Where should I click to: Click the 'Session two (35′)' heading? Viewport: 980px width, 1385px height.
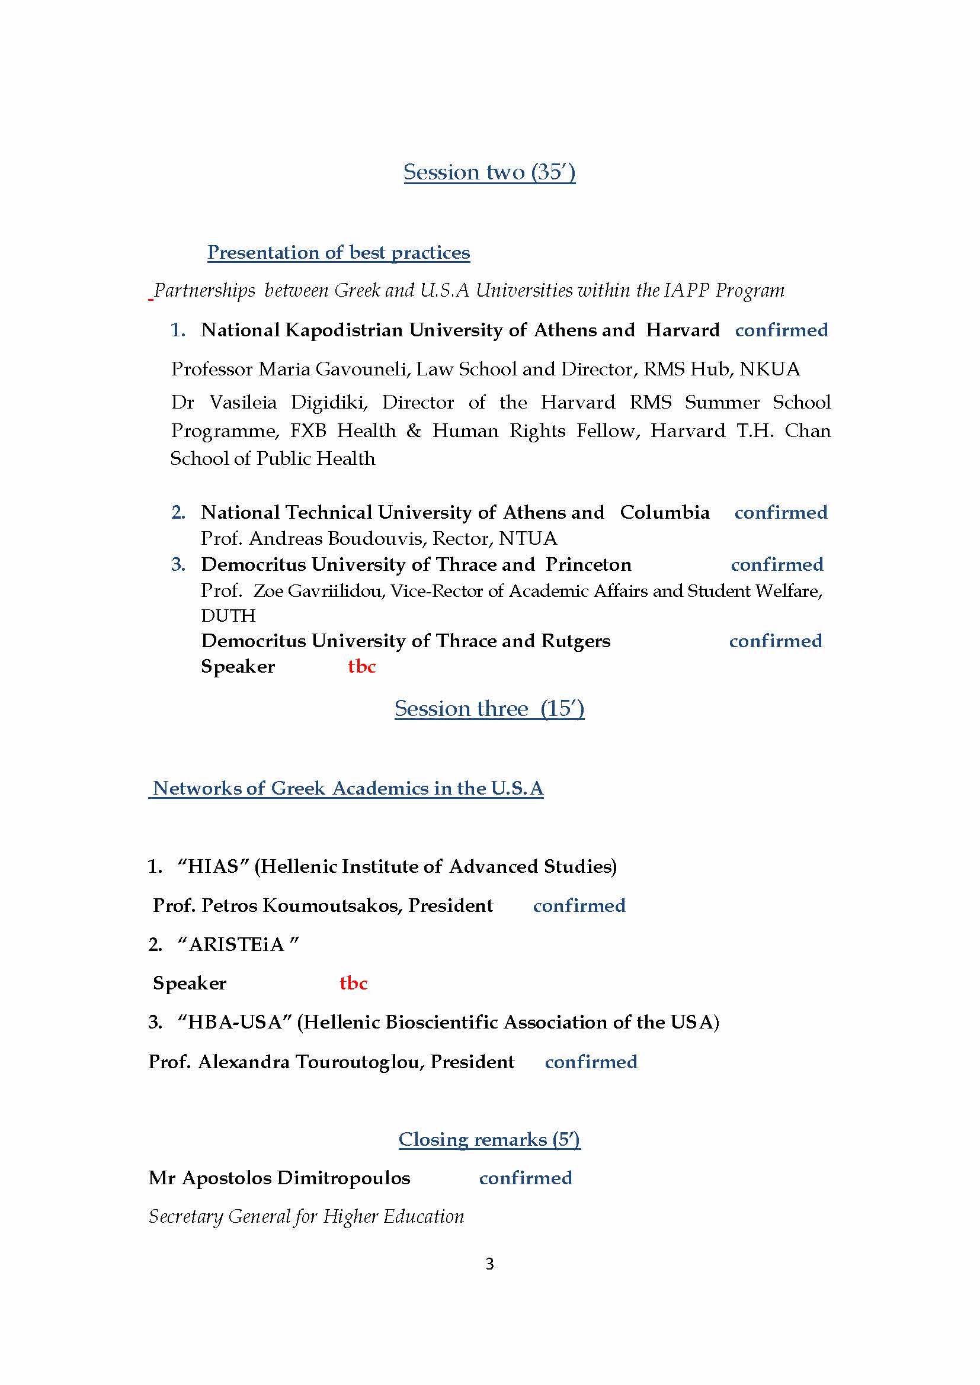(x=489, y=172)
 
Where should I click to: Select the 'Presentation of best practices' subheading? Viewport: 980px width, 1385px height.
(x=338, y=252)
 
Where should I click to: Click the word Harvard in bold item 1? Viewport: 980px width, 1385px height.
(x=682, y=330)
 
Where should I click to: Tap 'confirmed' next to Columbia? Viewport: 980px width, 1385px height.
(x=780, y=512)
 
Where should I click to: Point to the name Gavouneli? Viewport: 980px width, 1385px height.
(x=362, y=368)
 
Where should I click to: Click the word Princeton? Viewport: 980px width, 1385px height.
(x=588, y=564)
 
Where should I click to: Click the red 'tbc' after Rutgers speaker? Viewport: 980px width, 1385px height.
(x=361, y=666)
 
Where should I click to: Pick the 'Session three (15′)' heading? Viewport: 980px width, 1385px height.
(x=489, y=708)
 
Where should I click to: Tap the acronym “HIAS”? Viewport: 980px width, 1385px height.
(x=214, y=866)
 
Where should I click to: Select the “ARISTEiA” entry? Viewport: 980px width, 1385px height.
(x=238, y=944)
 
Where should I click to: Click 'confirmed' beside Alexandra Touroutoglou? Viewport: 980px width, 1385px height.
(x=591, y=1062)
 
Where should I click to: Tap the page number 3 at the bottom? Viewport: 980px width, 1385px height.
(x=489, y=1263)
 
